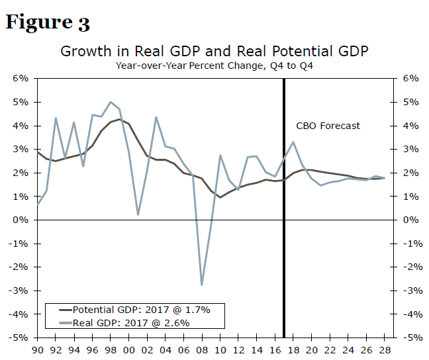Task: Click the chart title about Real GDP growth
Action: (x=214, y=51)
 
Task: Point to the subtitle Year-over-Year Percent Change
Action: (x=214, y=65)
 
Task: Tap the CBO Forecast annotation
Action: (x=328, y=126)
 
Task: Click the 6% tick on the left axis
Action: (x=20, y=78)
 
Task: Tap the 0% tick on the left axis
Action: (x=20, y=220)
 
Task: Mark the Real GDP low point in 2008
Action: (x=201, y=285)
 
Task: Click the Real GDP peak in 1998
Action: (x=110, y=102)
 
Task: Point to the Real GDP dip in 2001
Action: (x=138, y=214)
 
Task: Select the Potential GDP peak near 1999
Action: (x=119, y=120)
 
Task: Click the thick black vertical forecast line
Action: (x=284, y=265)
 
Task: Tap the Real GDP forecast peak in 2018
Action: (x=293, y=142)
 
